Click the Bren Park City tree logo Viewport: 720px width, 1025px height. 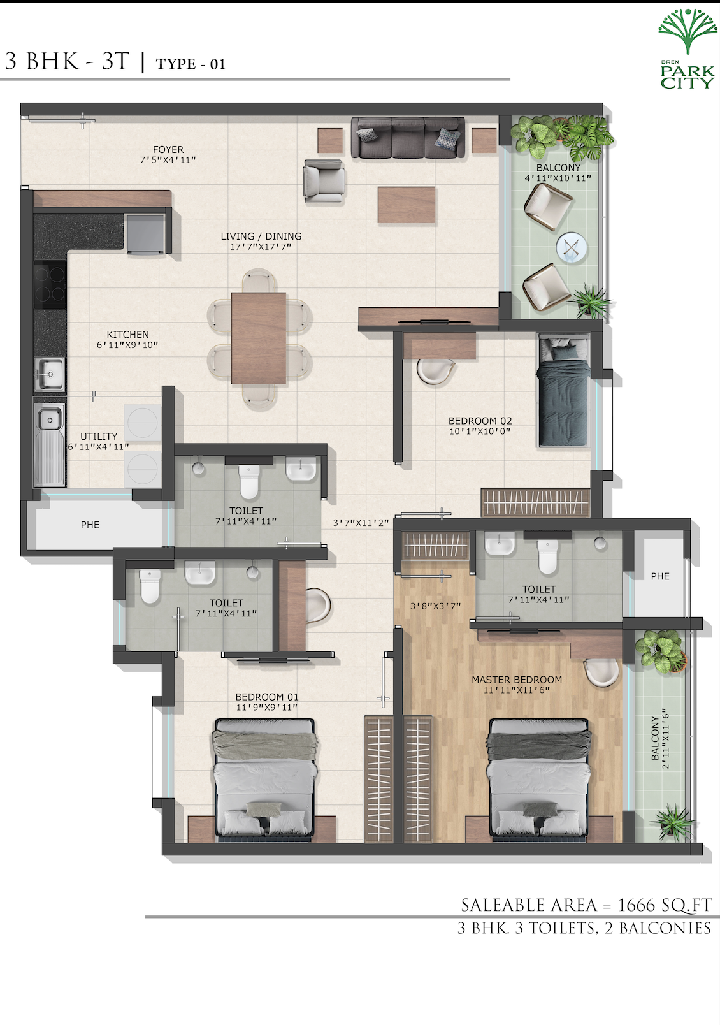pyautogui.click(x=688, y=31)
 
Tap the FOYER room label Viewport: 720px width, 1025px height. pyautogui.click(x=168, y=150)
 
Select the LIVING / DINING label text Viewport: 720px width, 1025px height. pyautogui.click(x=261, y=236)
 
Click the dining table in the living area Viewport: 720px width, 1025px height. pyautogui.click(x=259, y=338)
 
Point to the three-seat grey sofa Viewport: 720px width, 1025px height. pyautogui.click(x=408, y=138)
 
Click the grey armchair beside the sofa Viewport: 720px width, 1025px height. pyautogui.click(x=324, y=180)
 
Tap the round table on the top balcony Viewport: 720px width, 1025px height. pyautogui.click(x=572, y=247)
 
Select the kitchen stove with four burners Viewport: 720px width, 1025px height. pyautogui.click(x=50, y=284)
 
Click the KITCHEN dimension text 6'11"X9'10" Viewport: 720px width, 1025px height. pyautogui.click(x=127, y=345)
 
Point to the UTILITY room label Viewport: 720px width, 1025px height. pyautogui.click(x=99, y=436)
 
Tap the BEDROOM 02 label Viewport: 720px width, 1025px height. pyautogui.click(x=480, y=421)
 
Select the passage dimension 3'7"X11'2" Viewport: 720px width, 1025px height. pyautogui.click(x=361, y=523)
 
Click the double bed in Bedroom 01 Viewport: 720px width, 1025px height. pyautogui.click(x=265, y=780)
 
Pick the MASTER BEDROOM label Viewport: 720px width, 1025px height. pyautogui.click(x=517, y=680)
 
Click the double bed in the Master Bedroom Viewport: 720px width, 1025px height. pyautogui.click(x=538, y=780)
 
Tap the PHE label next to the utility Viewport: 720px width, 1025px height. pyautogui.click(x=90, y=525)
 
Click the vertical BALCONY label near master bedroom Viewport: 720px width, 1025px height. pyautogui.click(x=655, y=738)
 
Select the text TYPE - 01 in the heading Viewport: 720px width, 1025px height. pyautogui.click(x=191, y=64)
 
